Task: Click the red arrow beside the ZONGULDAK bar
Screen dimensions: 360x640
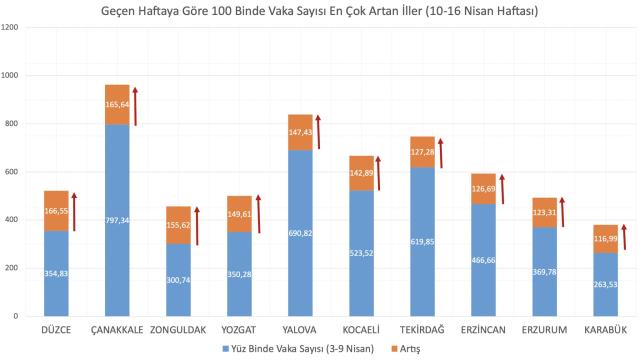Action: coord(198,230)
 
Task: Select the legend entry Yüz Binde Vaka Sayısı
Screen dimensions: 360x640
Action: coord(309,350)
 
